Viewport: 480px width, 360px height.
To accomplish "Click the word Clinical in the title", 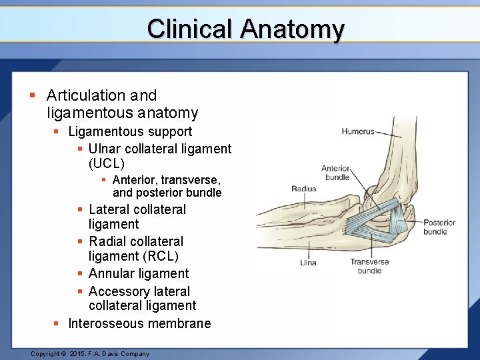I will click(191, 29).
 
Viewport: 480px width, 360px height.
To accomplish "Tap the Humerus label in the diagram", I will click(358, 132).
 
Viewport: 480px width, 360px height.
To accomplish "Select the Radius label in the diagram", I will click(304, 189).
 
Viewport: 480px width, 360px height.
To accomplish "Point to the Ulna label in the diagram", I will click(308, 263).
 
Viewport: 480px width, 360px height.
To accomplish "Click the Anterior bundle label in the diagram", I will click(335, 173).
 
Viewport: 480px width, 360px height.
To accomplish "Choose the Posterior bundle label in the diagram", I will click(439, 227).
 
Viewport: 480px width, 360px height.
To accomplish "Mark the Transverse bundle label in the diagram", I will click(369, 266).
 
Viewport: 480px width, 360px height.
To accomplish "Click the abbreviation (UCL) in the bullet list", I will click(107, 163).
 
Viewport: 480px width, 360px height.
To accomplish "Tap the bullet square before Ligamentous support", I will click(57, 132).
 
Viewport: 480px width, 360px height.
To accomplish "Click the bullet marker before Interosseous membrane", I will click(57, 323).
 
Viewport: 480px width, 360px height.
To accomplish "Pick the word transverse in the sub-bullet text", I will click(193, 180).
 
